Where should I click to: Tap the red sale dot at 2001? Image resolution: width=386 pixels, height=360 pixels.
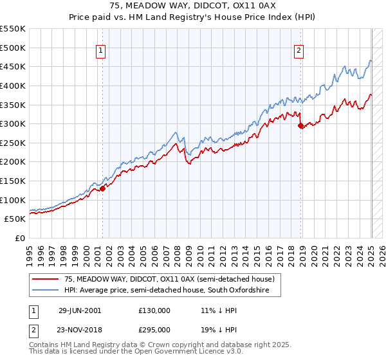click(102, 188)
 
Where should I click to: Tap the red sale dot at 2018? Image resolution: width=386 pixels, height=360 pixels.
click(300, 126)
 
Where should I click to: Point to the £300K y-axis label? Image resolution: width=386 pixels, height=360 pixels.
click(13, 123)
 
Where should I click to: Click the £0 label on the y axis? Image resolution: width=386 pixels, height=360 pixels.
click(19, 238)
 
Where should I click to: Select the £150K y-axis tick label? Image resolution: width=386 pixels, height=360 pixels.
click(13, 181)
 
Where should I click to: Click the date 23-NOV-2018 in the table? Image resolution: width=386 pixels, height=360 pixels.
click(80, 330)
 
